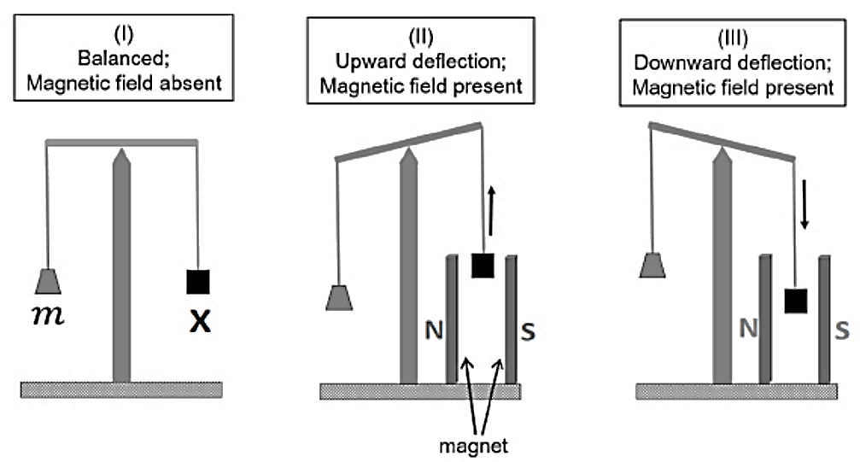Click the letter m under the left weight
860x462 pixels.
pos(49,315)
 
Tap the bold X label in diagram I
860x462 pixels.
pos(200,321)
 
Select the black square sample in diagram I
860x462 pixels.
pos(198,282)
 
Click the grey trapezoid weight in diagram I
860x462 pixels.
pos(48,282)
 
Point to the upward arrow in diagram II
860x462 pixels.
pos(491,211)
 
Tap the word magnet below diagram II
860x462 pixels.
pos(473,446)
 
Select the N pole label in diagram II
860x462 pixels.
pos(434,330)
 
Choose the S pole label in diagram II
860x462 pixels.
pos(528,331)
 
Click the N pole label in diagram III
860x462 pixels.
pos(749,328)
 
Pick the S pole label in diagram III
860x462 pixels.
pos(842,330)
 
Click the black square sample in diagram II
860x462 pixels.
pos(483,266)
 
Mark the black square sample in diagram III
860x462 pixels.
pos(795,301)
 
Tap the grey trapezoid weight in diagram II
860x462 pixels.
pos(339,298)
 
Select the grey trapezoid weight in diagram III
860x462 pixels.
pos(652,265)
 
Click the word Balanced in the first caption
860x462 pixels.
pos(124,58)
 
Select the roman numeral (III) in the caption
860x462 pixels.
pos(733,38)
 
